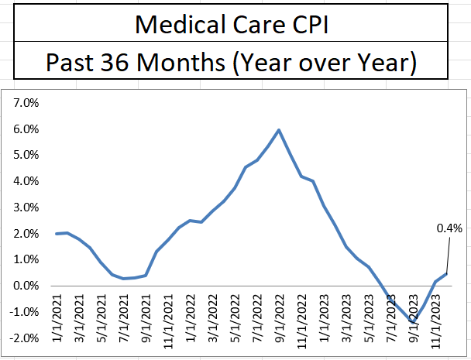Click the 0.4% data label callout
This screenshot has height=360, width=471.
pos(449,228)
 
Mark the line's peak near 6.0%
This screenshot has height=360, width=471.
pos(279,130)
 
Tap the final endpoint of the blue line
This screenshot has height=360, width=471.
pos(447,274)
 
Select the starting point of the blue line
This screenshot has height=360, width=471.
pos(57,233)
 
